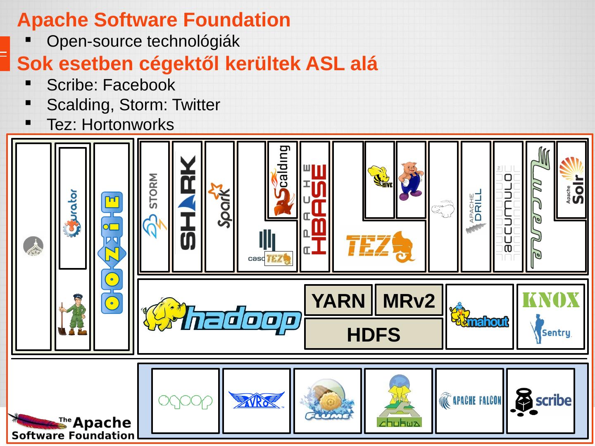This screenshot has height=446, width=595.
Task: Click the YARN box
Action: pyautogui.click(x=338, y=300)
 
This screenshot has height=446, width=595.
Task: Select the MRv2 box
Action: pyautogui.click(x=409, y=300)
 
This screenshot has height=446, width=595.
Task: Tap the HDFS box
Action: pyautogui.click(x=374, y=334)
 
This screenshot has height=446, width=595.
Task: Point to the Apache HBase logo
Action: pyautogui.click(x=315, y=209)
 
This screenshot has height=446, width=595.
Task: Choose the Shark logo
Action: pyautogui.click(x=188, y=202)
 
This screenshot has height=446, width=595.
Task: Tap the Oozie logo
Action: pyautogui.click(x=112, y=252)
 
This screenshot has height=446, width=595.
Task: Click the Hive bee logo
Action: pyautogui.click(x=380, y=177)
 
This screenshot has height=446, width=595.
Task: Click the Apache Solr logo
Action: pyautogui.click(x=572, y=180)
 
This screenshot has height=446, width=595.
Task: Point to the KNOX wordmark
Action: pyautogui.click(x=551, y=300)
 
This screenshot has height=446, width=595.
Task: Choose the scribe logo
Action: pyautogui.click(x=540, y=401)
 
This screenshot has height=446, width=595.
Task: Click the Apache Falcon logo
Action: pyautogui.click(x=470, y=401)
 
